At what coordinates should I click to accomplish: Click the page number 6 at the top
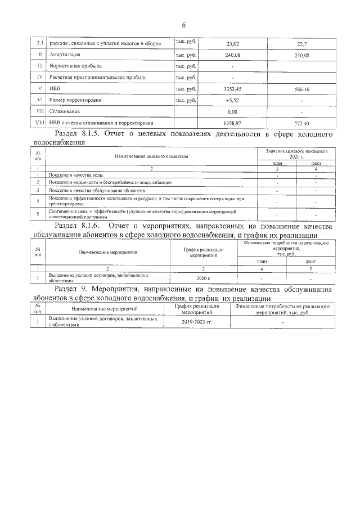coord(183,25)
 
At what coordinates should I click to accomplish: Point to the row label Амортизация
coord(66,55)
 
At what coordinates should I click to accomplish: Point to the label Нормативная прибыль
coord(76,66)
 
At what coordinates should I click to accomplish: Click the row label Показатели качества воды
coord(75,175)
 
